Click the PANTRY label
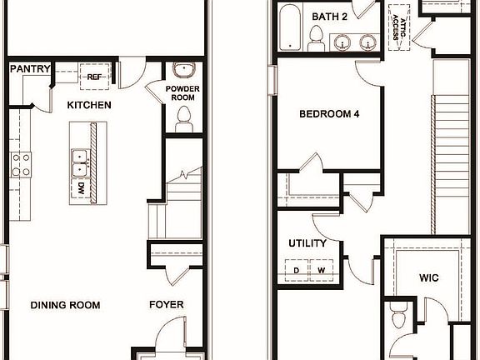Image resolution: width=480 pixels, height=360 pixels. pos(29,69)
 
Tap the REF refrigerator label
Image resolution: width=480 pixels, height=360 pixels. pos(93,77)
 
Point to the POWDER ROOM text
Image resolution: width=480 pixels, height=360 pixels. pos(180,92)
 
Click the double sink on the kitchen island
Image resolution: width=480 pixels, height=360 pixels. pos(79,162)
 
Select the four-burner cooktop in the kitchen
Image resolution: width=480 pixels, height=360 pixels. pos(21,164)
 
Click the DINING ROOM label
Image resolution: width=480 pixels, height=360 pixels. pos(65,305)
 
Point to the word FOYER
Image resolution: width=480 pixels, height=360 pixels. pos(167,305)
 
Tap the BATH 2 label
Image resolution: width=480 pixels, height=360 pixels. pos(329,17)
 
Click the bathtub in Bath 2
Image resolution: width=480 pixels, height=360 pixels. pos(291,27)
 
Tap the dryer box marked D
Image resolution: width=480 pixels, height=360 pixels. pos(296,270)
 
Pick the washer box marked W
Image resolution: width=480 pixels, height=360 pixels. pos(321,270)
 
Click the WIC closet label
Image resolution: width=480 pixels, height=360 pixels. pos(428,277)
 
